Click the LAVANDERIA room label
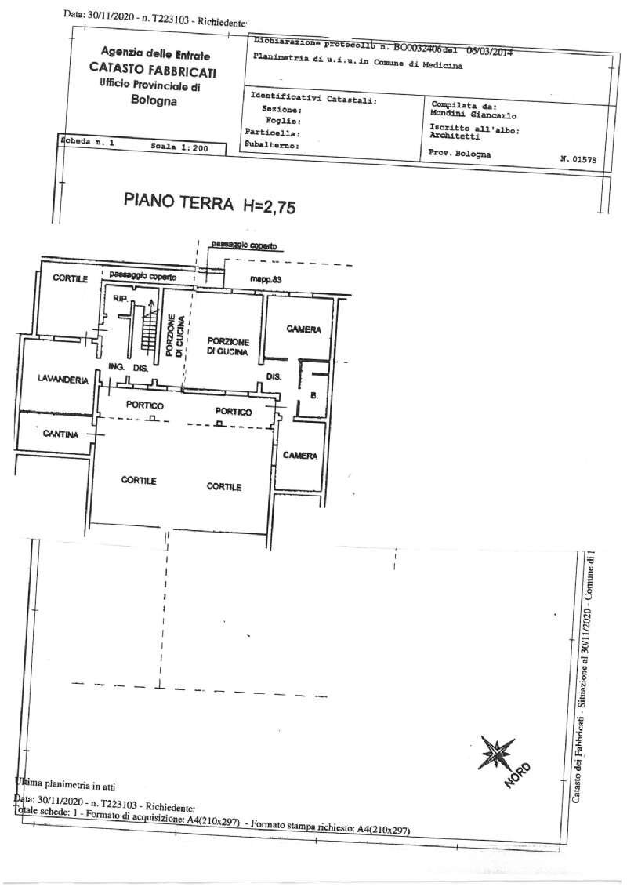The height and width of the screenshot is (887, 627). pyautogui.click(x=60, y=380)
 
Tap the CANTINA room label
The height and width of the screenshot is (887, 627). pyautogui.click(x=60, y=434)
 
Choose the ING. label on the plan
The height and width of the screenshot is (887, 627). pyautogui.click(x=117, y=367)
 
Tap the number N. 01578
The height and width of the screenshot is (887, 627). pyautogui.click(x=578, y=158)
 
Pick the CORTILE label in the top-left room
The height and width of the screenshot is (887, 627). pyautogui.click(x=71, y=278)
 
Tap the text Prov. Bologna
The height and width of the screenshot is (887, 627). pyautogui.click(x=460, y=154)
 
